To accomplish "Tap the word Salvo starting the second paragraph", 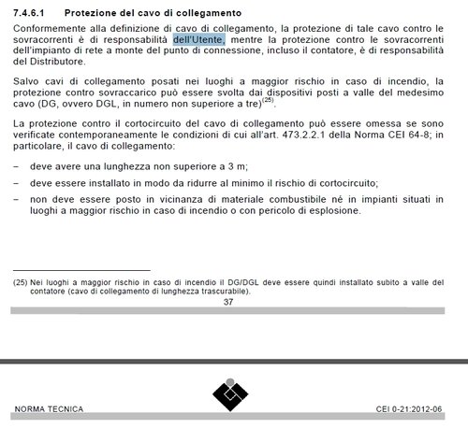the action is pos(27,83).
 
